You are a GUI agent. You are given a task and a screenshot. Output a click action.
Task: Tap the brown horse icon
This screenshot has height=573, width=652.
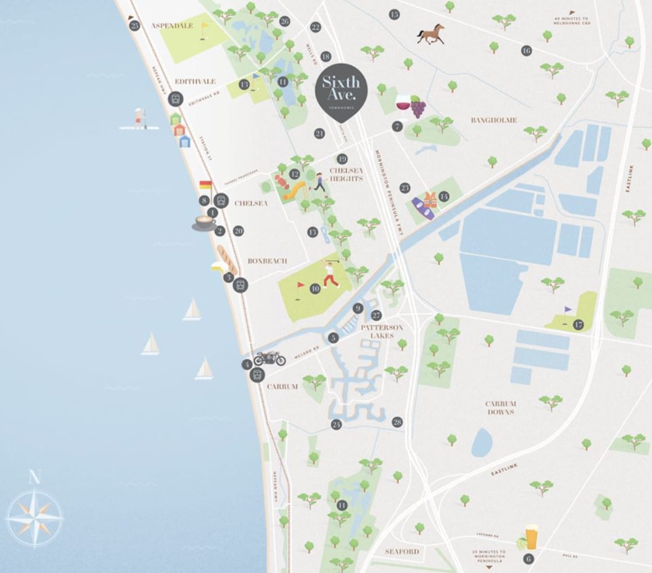click(430, 34)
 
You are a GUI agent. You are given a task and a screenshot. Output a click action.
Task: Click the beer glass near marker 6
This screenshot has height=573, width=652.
click(531, 537)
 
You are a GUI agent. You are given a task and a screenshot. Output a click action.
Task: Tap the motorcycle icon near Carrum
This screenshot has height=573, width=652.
click(270, 358)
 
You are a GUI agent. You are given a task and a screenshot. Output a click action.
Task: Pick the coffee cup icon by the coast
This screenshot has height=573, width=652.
click(203, 223)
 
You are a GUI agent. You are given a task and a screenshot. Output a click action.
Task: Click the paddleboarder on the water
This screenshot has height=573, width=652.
click(138, 119)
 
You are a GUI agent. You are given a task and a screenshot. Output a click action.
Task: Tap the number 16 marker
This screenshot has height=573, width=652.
click(526, 51)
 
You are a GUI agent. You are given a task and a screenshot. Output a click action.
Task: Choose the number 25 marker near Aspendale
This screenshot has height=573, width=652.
click(134, 25)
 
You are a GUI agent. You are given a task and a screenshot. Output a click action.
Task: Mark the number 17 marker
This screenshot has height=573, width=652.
click(578, 324)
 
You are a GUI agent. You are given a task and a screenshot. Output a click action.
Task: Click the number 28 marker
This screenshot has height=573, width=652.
click(397, 422)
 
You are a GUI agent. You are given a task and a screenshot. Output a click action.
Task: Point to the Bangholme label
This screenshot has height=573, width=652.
click(494, 120)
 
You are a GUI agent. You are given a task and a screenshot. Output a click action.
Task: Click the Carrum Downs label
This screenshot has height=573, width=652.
click(500, 408)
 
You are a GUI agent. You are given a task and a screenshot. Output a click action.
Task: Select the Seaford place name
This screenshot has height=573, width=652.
click(402, 551)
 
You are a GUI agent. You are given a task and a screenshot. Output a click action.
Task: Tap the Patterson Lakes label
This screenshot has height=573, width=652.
click(382, 331)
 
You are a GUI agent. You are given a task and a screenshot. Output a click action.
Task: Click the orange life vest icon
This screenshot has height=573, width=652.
click(431, 199)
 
